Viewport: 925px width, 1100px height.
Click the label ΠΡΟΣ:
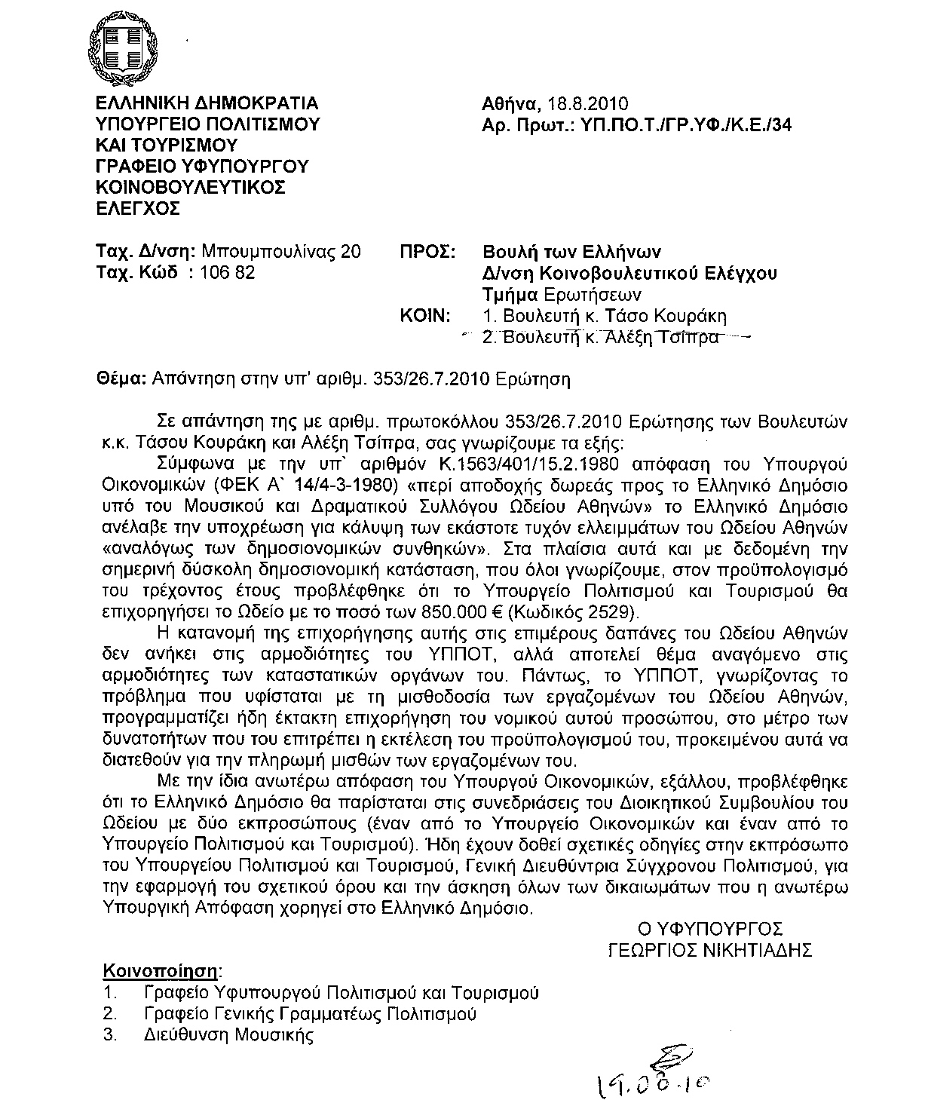pyautogui.click(x=427, y=251)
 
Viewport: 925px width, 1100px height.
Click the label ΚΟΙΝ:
pyautogui.click(x=427, y=315)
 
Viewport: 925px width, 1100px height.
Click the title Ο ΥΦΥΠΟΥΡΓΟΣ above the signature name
pyautogui.click(x=710, y=928)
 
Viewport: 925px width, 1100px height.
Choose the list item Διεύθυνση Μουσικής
pyautogui.click(x=228, y=1035)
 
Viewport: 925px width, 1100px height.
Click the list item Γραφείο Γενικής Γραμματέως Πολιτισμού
pyautogui.click(x=310, y=1013)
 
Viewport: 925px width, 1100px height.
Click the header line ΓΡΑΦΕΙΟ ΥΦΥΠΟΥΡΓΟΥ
pyautogui.click(x=202, y=166)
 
